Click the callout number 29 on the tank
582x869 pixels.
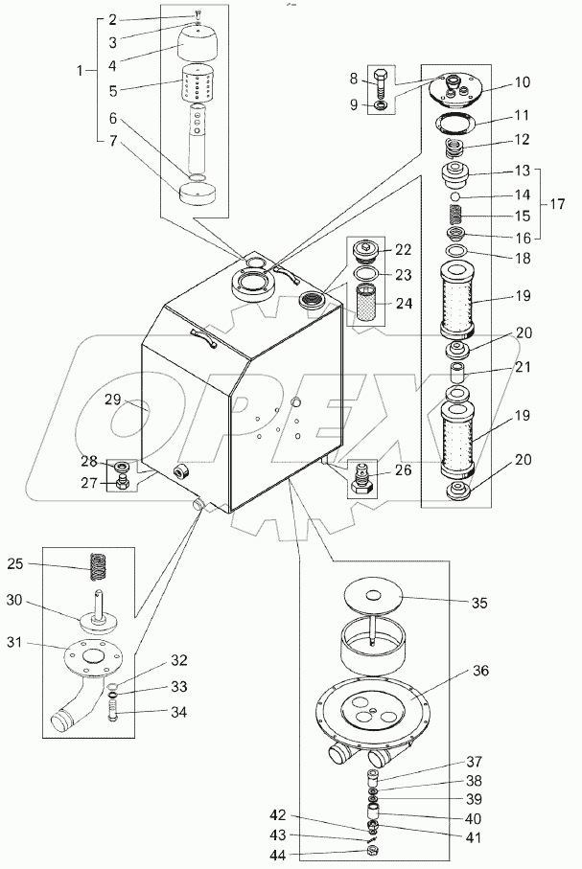click(x=112, y=400)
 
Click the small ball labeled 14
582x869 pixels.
click(x=454, y=196)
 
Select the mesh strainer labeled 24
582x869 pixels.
click(x=365, y=303)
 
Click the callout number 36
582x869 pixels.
click(x=480, y=670)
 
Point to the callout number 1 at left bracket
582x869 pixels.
click(x=81, y=70)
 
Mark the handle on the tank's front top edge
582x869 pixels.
click(x=203, y=338)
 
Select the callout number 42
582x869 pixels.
click(x=278, y=814)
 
